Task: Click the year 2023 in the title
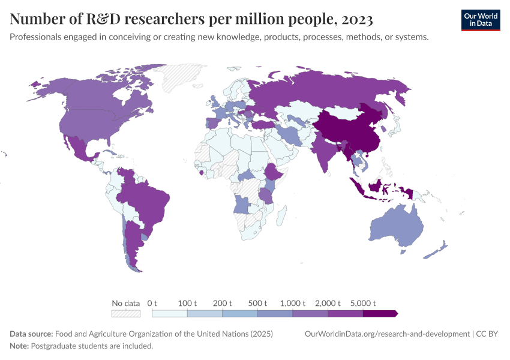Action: (x=356, y=19)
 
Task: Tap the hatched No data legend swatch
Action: (x=125, y=313)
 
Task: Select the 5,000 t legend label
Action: (x=362, y=303)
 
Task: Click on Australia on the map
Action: (x=396, y=228)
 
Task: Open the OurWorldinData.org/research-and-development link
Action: (x=387, y=334)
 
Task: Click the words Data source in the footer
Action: (x=31, y=334)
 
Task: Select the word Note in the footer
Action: (x=19, y=346)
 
